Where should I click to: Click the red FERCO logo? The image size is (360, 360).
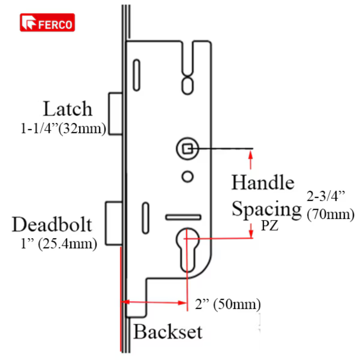[47, 22]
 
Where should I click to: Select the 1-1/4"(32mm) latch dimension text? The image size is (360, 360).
[63, 128]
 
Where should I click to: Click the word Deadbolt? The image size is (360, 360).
[52, 224]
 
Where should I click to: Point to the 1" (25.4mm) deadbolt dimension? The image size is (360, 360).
[59, 244]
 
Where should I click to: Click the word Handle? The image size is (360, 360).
[263, 182]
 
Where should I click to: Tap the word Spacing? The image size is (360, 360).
[266, 209]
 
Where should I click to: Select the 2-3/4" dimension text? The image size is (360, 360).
[326, 196]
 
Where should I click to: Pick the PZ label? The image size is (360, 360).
[270, 226]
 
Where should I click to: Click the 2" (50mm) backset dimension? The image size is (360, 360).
[228, 304]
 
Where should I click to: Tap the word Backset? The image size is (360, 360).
[168, 332]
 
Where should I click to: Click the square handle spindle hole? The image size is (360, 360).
[188, 149]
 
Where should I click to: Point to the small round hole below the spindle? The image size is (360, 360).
[188, 177]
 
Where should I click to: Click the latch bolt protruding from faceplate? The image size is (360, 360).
[115, 114]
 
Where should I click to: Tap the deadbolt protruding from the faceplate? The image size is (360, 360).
[114, 223]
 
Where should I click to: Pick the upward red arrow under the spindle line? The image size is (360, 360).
[250, 160]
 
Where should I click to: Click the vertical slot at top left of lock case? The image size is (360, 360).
[137, 75]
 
